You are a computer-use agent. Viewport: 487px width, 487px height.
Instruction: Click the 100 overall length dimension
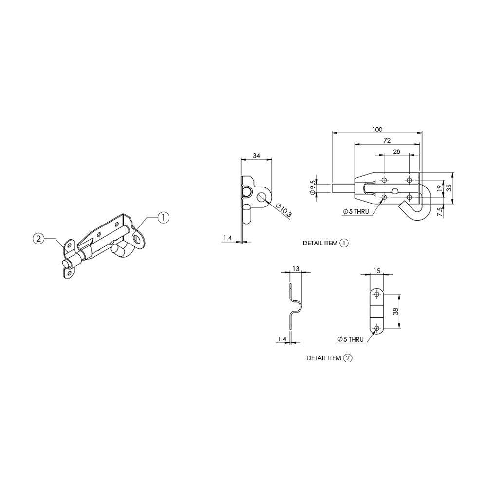coord(377,130)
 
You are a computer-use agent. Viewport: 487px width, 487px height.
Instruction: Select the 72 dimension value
coord(387,140)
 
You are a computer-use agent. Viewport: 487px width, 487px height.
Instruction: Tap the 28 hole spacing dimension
coord(396,152)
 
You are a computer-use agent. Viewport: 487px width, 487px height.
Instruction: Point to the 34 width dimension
coord(256,156)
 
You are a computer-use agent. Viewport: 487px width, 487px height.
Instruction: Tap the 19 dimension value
coord(439,187)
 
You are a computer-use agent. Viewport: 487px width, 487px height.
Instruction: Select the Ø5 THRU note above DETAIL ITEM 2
coord(350,339)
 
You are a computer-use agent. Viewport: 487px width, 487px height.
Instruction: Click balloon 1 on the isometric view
coord(163,218)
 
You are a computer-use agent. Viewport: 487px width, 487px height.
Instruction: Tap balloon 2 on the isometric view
coord(38,239)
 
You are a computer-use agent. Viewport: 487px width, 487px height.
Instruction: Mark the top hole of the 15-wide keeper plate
coord(376,294)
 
